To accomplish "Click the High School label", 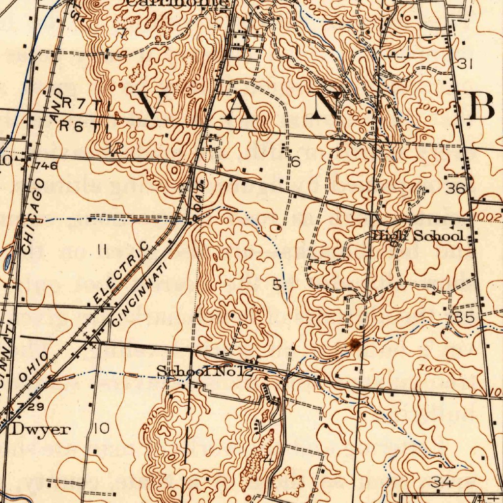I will (x=418, y=236).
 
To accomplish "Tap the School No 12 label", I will (x=204, y=372).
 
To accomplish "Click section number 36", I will (x=455, y=189).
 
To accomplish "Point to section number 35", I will (x=464, y=317).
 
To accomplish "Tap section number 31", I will (x=465, y=64).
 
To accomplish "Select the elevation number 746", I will (x=47, y=166).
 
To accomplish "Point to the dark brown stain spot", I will (x=354, y=343).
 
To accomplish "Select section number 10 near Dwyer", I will (x=102, y=429).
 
